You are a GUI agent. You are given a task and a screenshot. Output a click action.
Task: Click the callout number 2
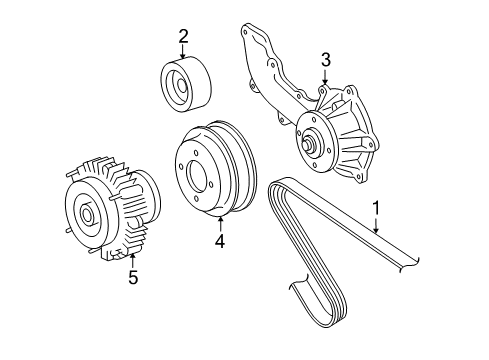coord(183,37)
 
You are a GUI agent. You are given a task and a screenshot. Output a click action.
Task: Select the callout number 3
coord(325,62)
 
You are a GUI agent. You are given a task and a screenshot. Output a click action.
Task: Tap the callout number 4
coord(220,240)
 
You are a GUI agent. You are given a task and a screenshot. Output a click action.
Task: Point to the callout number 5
coord(133,278)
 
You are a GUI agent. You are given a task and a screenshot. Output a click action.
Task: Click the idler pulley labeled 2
coord(186,86)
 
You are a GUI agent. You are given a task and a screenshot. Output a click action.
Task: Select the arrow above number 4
coord(220,221)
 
